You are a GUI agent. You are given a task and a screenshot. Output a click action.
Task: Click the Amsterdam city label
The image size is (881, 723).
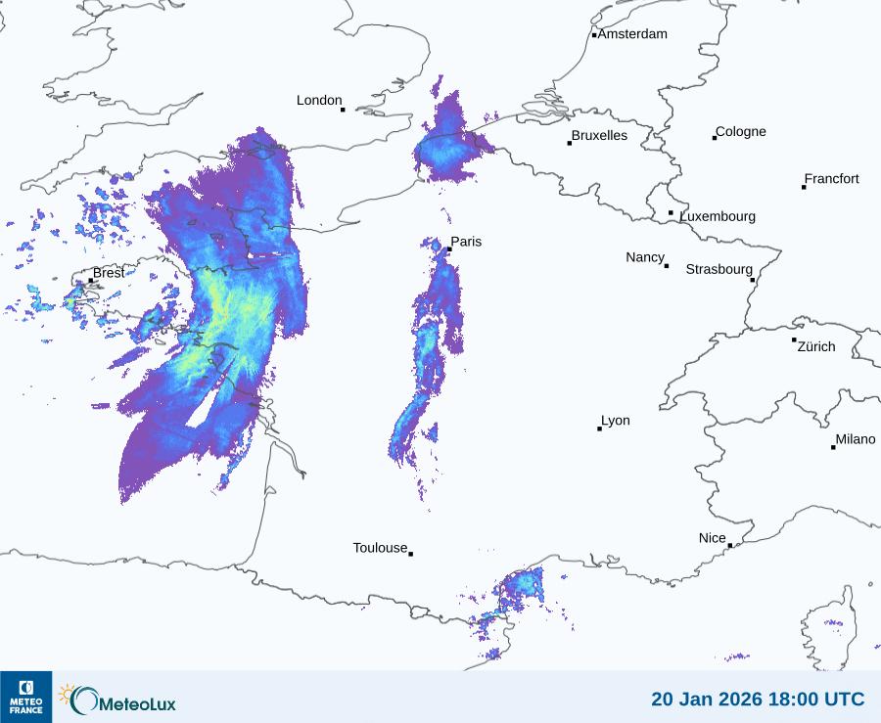click(x=632, y=34)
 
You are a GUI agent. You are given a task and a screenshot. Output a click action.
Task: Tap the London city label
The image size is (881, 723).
click(x=319, y=100)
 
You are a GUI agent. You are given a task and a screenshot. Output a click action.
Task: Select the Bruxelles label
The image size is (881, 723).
click(x=599, y=136)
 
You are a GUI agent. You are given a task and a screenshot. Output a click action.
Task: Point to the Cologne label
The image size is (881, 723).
click(x=741, y=132)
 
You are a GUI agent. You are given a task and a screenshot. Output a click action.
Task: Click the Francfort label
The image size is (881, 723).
click(x=832, y=179)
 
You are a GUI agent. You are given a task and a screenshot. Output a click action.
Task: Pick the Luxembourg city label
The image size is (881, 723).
click(x=718, y=216)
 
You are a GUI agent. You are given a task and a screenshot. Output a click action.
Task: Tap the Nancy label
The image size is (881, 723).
click(x=645, y=257)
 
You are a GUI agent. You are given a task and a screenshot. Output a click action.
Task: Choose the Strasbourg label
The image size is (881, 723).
click(x=719, y=269)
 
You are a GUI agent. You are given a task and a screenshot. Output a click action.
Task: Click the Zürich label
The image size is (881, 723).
click(x=816, y=346)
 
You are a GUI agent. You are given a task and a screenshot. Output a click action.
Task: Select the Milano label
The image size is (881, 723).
click(x=856, y=439)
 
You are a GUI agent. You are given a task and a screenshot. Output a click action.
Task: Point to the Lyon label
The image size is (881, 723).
click(x=616, y=421)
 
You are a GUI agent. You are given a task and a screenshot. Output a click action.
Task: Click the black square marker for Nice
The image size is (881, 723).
click(x=729, y=546)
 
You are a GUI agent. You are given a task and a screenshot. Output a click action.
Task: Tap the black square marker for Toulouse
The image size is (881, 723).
click(x=410, y=554)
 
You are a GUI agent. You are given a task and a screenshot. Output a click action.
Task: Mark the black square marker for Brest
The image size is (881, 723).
click(x=91, y=281)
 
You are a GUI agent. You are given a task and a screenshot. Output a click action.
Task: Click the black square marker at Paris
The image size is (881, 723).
click(x=449, y=249)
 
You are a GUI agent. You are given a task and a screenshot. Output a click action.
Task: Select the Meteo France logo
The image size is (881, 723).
click(x=25, y=697)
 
